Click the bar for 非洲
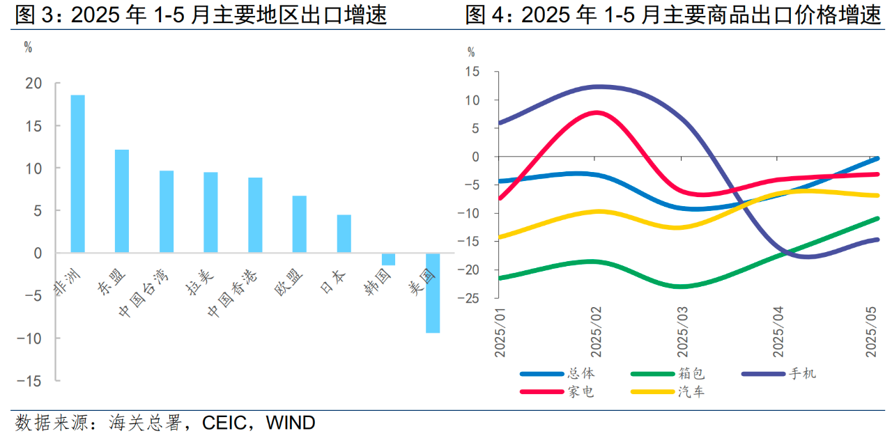pyautogui.click(x=77, y=173)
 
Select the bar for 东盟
pyautogui.click(x=122, y=201)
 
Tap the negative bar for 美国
pyautogui.click(x=433, y=293)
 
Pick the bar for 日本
pyautogui.click(x=344, y=234)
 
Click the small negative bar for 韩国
pyautogui.click(x=388, y=259)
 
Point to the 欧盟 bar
pyautogui.click(x=300, y=224)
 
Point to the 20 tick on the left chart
pyautogui.click(x=34, y=84)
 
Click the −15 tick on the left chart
pyautogui.click(x=30, y=381)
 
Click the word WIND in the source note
pyautogui.click(x=291, y=423)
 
